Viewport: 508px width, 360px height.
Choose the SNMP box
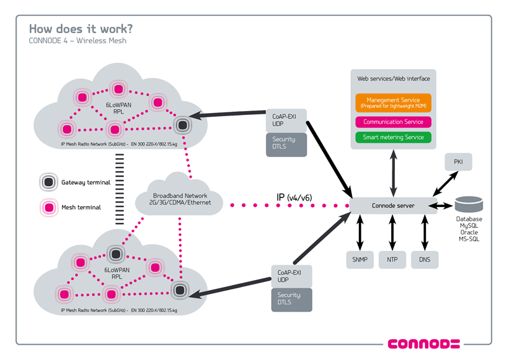tap(359, 259)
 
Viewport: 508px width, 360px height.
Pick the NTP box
tap(392, 259)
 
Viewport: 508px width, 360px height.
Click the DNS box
tap(424, 259)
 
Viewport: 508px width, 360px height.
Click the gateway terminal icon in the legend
tap(48, 182)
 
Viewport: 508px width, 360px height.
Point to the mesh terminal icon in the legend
tap(48, 206)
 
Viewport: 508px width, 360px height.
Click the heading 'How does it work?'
tap(81, 29)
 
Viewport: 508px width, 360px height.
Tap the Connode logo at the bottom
tap(423, 344)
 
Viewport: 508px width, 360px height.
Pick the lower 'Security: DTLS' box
tap(291, 300)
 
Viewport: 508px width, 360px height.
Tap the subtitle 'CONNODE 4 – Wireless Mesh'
tap(77, 41)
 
